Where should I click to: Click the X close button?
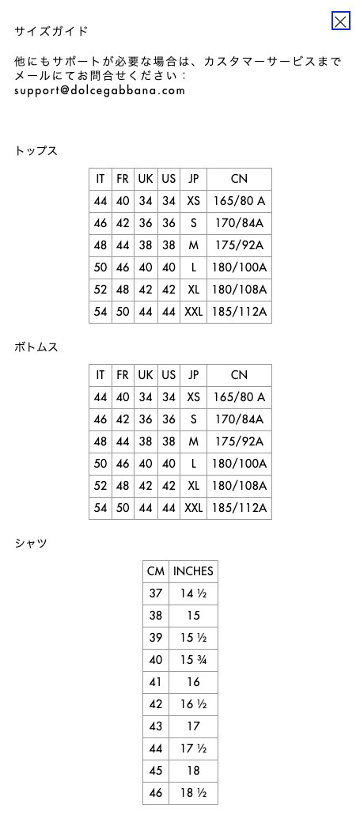[340, 21]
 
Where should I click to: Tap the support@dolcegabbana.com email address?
[100, 90]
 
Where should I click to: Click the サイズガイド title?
[51, 31]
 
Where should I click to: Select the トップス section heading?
[36, 151]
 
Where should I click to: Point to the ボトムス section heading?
[36, 347]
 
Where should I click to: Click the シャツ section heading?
[31, 544]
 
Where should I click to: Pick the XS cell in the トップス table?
[194, 201]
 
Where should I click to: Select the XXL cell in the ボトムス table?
[194, 508]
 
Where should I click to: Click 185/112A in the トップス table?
[239, 312]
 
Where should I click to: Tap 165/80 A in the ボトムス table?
[239, 397]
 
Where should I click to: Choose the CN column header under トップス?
[239, 179]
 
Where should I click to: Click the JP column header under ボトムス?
[194, 375]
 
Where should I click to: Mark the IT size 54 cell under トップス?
[100, 312]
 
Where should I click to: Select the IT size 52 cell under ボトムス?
[100, 486]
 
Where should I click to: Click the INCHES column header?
[194, 571]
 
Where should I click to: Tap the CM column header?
[156, 571]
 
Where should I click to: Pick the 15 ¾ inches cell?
[194, 660]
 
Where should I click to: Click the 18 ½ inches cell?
[194, 793]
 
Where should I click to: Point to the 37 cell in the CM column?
[156, 593]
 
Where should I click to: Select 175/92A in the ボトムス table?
[239, 442]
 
